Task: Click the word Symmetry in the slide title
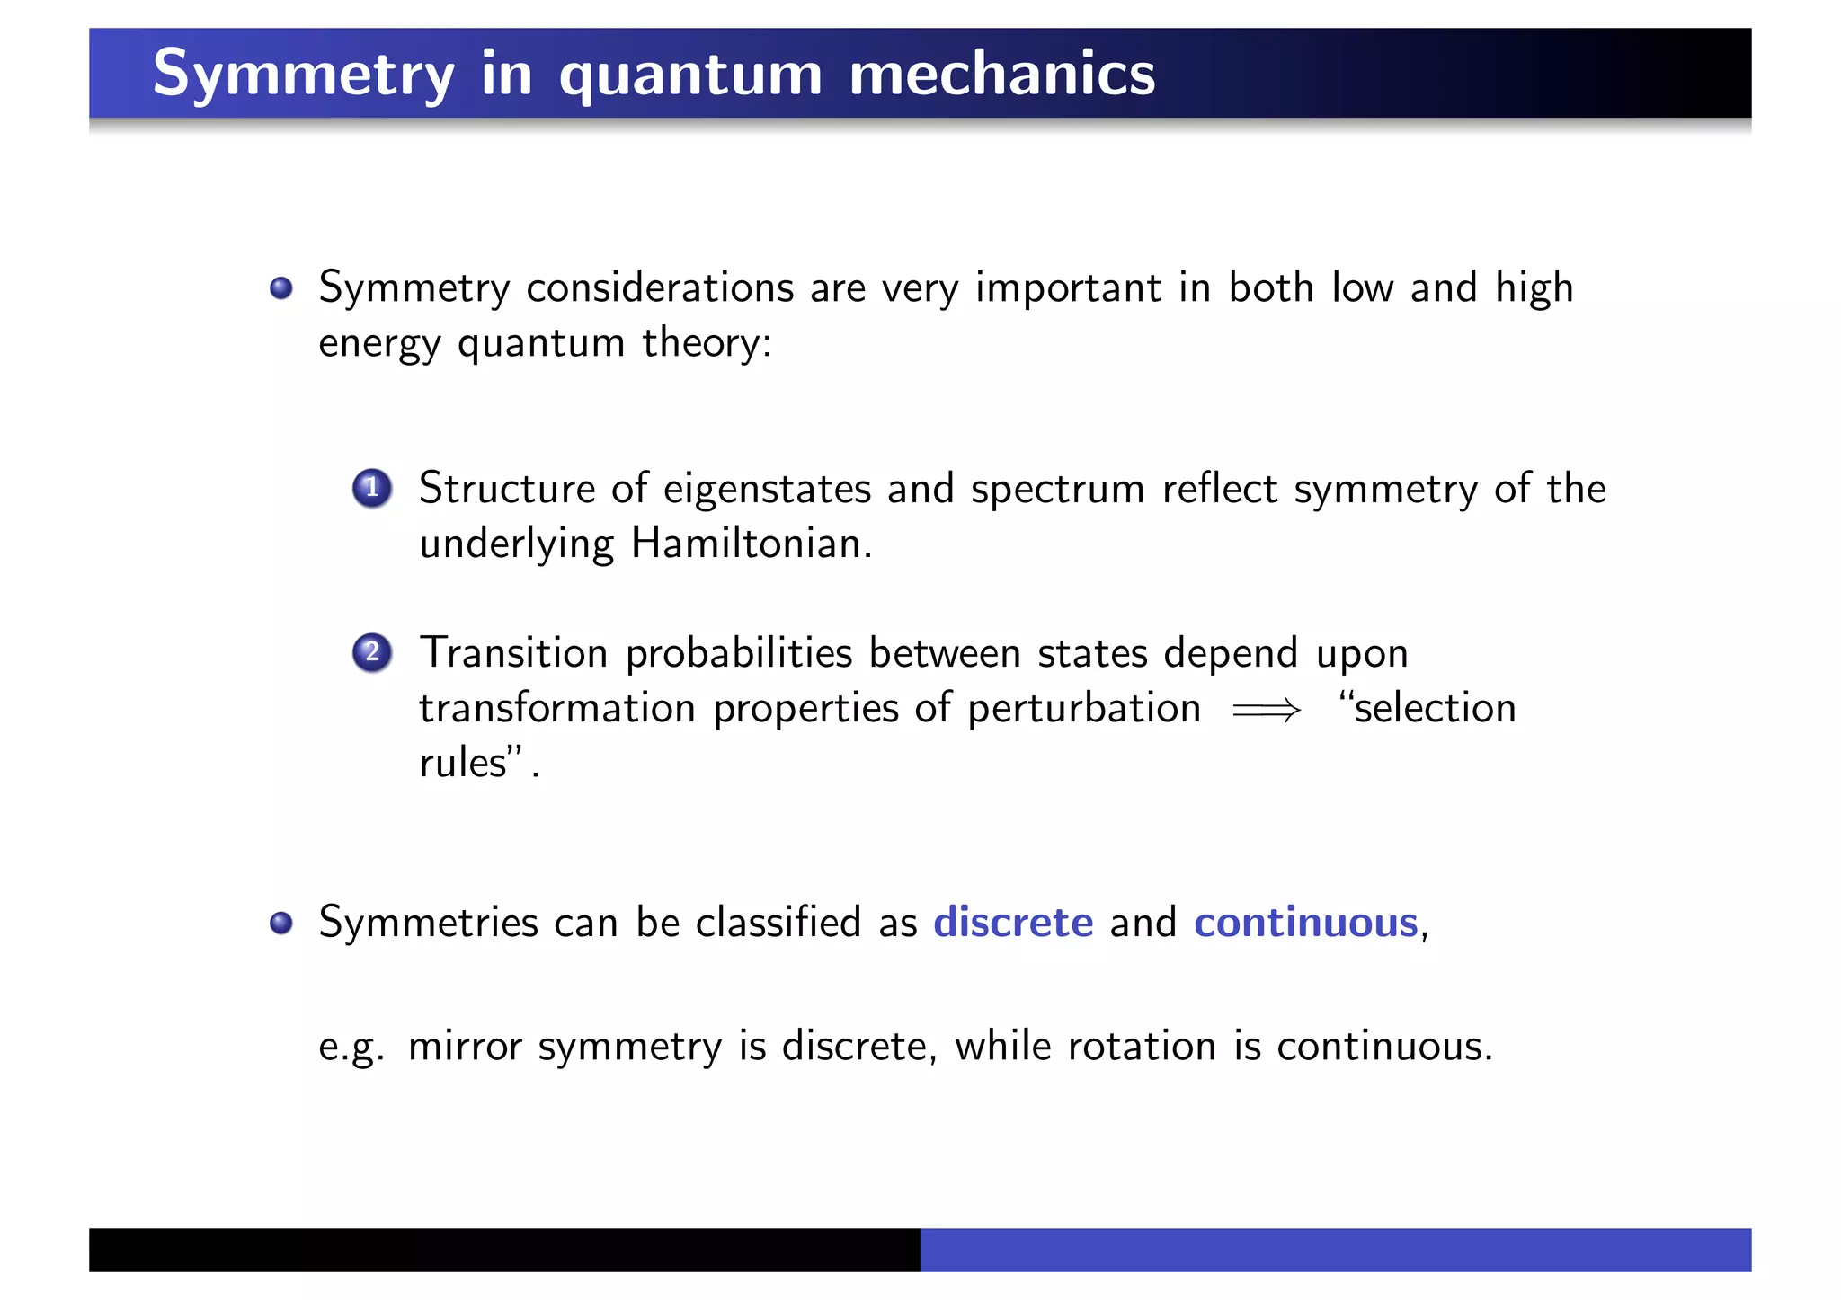click(x=303, y=74)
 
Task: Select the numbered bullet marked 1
click(x=371, y=489)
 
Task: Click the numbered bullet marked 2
click(x=371, y=653)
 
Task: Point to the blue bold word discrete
click(x=1013, y=923)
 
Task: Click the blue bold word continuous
click(x=1305, y=923)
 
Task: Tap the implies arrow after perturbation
click(x=1266, y=711)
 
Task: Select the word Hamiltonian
click(x=750, y=544)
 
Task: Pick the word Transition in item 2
click(x=513, y=653)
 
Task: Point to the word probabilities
click(x=738, y=654)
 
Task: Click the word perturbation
click(x=1083, y=709)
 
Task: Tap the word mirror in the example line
click(x=464, y=1047)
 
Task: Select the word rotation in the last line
click(x=1141, y=1047)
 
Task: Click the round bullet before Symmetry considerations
click(x=281, y=288)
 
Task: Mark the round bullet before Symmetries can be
click(x=281, y=923)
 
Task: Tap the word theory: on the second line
click(x=707, y=343)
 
